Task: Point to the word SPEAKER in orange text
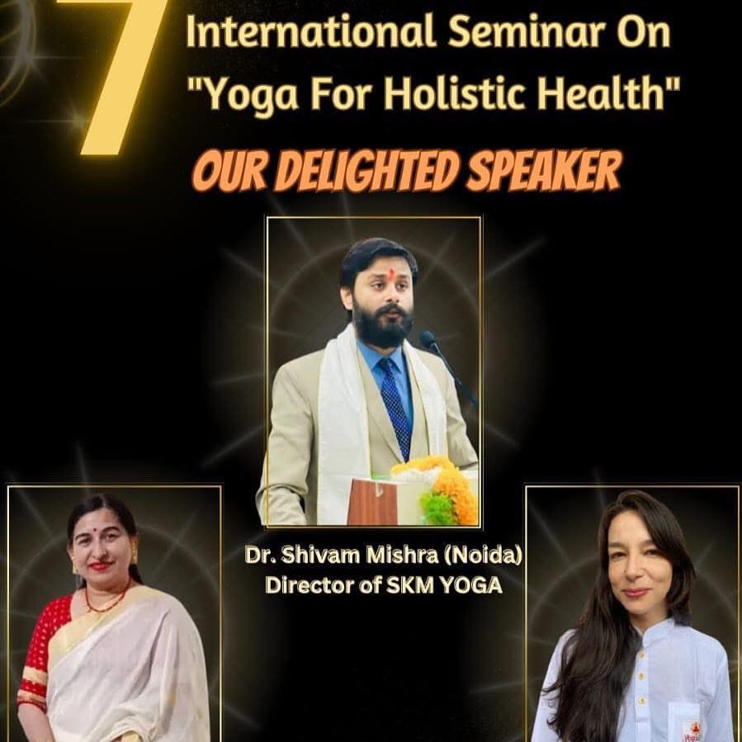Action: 542,171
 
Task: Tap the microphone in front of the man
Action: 447,364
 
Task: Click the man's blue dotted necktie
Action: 395,407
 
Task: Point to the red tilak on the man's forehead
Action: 391,273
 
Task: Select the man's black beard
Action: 382,324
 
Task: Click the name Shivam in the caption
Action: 320,555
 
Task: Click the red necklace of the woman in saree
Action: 106,600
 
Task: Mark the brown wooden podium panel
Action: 372,502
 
